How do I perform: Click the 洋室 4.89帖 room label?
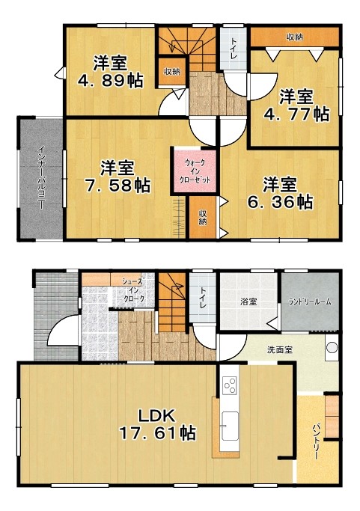coord(110,72)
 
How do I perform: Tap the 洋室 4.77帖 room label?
coord(296,105)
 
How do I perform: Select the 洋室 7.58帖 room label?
coord(117,177)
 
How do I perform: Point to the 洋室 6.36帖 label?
coord(280,193)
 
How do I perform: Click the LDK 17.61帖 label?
coord(157,424)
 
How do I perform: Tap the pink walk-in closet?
coord(195,171)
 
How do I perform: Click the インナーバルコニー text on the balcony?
coord(41,177)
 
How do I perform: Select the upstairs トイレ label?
coord(234,49)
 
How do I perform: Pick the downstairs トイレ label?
coord(203,298)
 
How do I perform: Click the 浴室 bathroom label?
coord(248,302)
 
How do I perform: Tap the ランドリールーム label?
coord(310,302)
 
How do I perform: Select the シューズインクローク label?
coord(133,290)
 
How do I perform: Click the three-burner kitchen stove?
coord(230,385)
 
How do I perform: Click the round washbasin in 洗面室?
coord(332,348)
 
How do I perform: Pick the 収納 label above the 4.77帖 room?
coord(295,37)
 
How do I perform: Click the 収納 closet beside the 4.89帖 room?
coord(172,72)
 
